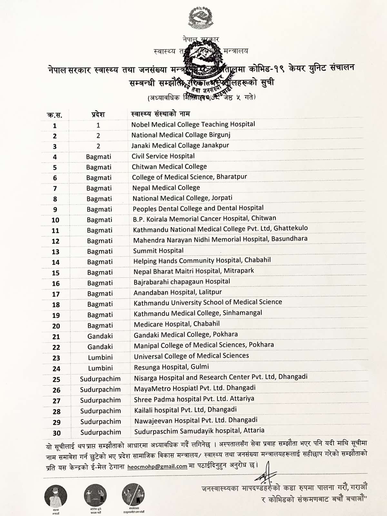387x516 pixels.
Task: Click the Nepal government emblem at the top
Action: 201,18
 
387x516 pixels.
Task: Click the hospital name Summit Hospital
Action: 158,251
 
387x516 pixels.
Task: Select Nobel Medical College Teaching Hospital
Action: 193,124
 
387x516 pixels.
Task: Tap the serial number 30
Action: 57,433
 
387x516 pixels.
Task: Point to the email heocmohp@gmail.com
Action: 157,466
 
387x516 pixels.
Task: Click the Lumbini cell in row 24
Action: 100,368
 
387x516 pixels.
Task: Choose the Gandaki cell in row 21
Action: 100,336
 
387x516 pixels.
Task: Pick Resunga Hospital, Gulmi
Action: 171,367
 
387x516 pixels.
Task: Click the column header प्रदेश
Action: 98,114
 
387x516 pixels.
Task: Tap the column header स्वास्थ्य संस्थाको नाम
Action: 161,114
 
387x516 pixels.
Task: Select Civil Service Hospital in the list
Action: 163,156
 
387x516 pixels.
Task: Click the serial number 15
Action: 56,273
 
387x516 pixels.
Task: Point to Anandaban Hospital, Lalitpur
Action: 178,292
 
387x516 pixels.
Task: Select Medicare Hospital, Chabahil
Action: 176,324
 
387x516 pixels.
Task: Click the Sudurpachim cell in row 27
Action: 100,400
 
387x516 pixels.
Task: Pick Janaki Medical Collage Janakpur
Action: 180,145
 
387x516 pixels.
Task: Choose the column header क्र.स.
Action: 55,115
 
